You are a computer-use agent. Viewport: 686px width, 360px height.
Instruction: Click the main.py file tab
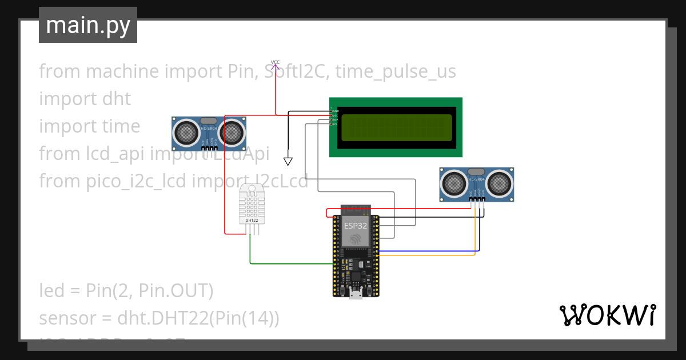click(x=87, y=25)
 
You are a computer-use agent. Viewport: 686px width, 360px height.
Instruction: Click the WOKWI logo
click(x=607, y=315)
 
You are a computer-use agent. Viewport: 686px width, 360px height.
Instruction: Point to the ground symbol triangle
click(x=288, y=161)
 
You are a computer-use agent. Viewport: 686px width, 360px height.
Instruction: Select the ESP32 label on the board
click(x=356, y=226)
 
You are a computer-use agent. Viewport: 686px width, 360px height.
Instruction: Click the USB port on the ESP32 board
click(x=356, y=293)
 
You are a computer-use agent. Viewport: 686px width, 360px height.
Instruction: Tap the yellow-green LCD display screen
click(x=396, y=127)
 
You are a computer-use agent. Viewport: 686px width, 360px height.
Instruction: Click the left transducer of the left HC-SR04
click(x=186, y=133)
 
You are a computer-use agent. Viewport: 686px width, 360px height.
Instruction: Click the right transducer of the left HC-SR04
click(x=232, y=133)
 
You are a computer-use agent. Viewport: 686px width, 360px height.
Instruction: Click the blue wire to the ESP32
click(x=429, y=251)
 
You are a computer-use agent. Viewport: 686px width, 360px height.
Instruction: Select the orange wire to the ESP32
click(x=429, y=255)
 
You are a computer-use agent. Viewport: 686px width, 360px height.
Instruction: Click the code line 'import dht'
click(x=85, y=99)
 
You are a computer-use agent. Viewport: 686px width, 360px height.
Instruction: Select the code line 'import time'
click(x=89, y=126)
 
